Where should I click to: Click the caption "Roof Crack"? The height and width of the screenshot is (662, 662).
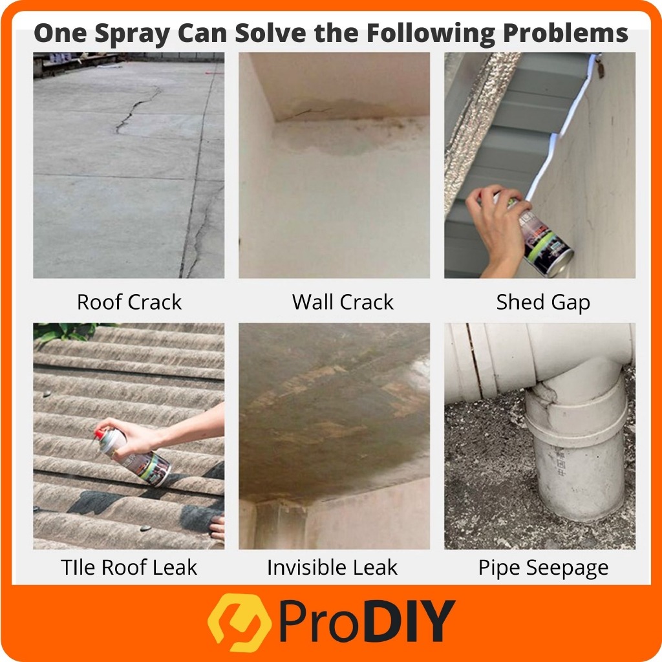pyautogui.click(x=129, y=302)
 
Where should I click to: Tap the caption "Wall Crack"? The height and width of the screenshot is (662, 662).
pyautogui.click(x=343, y=302)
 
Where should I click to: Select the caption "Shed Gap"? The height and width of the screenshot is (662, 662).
pyautogui.click(x=543, y=303)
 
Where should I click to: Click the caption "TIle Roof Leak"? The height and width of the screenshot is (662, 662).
pyautogui.click(x=129, y=567)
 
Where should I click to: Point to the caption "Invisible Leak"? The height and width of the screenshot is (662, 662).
pyautogui.click(x=332, y=567)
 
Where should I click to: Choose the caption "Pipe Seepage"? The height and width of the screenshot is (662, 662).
pyautogui.click(x=543, y=568)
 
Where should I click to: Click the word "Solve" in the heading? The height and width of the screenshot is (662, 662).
pyautogui.click(x=270, y=33)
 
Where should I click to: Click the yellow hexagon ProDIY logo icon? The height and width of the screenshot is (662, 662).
pyautogui.click(x=239, y=623)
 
